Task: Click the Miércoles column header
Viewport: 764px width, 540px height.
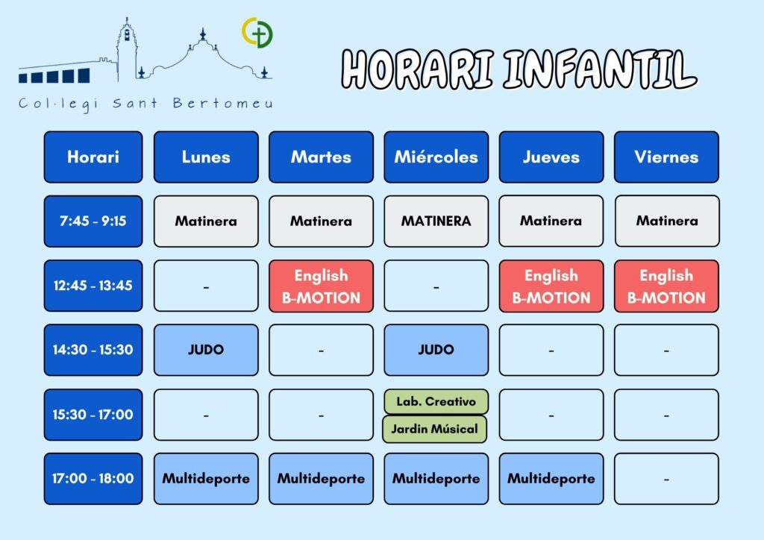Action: tap(436, 157)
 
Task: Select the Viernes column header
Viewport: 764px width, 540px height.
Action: tap(666, 157)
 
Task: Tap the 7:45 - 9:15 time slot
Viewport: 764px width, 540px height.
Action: tap(93, 221)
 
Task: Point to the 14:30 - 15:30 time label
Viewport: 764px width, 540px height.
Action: tap(93, 350)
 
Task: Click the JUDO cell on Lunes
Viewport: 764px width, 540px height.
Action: tap(206, 350)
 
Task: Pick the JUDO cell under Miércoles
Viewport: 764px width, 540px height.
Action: tap(436, 350)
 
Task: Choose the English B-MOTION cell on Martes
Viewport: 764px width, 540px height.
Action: tap(321, 286)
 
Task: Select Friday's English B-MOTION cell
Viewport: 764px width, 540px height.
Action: tap(666, 286)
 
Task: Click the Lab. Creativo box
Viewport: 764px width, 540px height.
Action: tap(436, 402)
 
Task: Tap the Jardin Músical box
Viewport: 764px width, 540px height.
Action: tap(435, 429)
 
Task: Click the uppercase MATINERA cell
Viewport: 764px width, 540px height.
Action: tap(436, 221)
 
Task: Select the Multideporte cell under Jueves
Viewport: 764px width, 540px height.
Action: tap(551, 479)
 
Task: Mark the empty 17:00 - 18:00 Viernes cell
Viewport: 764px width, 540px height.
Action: tap(666, 479)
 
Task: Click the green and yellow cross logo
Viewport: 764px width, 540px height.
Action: tap(257, 33)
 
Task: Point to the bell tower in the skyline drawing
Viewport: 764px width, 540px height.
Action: tap(127, 48)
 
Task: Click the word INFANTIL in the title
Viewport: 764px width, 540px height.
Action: tap(600, 69)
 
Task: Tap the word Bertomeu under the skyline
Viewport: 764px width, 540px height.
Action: tap(222, 103)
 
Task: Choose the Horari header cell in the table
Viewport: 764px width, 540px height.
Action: tap(93, 157)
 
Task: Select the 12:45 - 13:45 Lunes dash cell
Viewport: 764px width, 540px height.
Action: tap(206, 286)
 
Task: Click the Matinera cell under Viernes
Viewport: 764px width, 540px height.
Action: tap(666, 221)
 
